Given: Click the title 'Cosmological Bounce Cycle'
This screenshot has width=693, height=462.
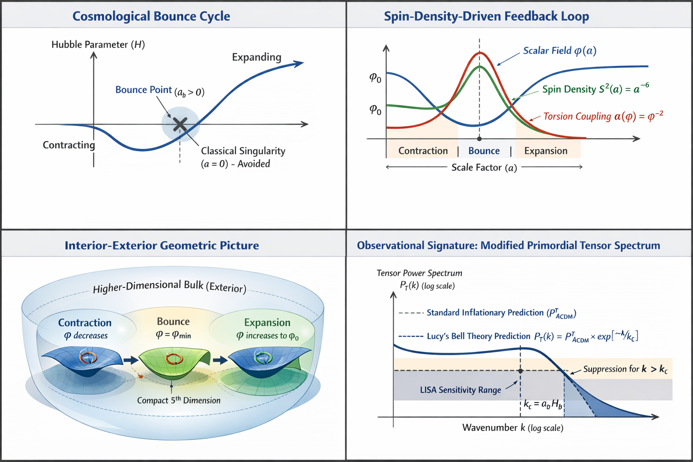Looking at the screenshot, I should [151, 16].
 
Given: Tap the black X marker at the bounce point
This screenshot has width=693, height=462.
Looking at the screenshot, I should [180, 124].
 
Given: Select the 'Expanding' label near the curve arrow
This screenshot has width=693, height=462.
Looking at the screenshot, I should [256, 57].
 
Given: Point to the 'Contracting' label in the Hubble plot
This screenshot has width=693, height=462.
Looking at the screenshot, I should [69, 145].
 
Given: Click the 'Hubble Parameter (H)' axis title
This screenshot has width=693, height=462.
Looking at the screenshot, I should [98, 44].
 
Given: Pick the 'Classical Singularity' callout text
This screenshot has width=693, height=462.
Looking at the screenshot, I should [243, 151].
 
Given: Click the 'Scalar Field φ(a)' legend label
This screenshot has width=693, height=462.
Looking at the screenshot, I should [559, 51].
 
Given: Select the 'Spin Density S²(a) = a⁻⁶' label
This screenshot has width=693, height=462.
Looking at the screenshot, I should [596, 89].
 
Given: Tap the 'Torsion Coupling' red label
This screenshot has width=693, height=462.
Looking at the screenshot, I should [603, 116].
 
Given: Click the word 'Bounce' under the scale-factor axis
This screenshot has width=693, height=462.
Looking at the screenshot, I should [484, 151].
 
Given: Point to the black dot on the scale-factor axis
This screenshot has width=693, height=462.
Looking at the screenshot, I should [479, 139].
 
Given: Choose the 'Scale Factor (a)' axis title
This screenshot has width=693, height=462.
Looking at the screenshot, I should [484, 167].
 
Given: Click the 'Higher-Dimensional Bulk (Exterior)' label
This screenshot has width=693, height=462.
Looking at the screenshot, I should [170, 287].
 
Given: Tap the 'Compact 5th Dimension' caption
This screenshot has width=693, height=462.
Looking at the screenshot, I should [179, 400].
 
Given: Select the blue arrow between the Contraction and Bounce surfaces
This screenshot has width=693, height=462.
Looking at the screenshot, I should [131, 360].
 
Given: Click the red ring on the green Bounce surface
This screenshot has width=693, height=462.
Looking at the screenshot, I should [174, 359].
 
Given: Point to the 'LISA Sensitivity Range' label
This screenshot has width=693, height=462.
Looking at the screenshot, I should [460, 390].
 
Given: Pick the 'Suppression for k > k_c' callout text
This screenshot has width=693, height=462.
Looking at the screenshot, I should [625, 369].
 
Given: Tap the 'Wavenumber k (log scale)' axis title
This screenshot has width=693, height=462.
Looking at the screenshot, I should [513, 428].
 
